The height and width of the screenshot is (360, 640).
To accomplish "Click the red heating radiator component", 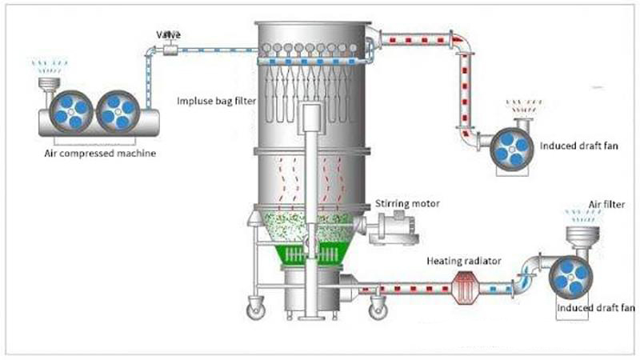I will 466,285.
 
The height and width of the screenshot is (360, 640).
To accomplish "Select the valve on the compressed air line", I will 169,50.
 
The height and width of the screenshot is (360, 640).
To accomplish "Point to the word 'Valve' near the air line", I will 169,34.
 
